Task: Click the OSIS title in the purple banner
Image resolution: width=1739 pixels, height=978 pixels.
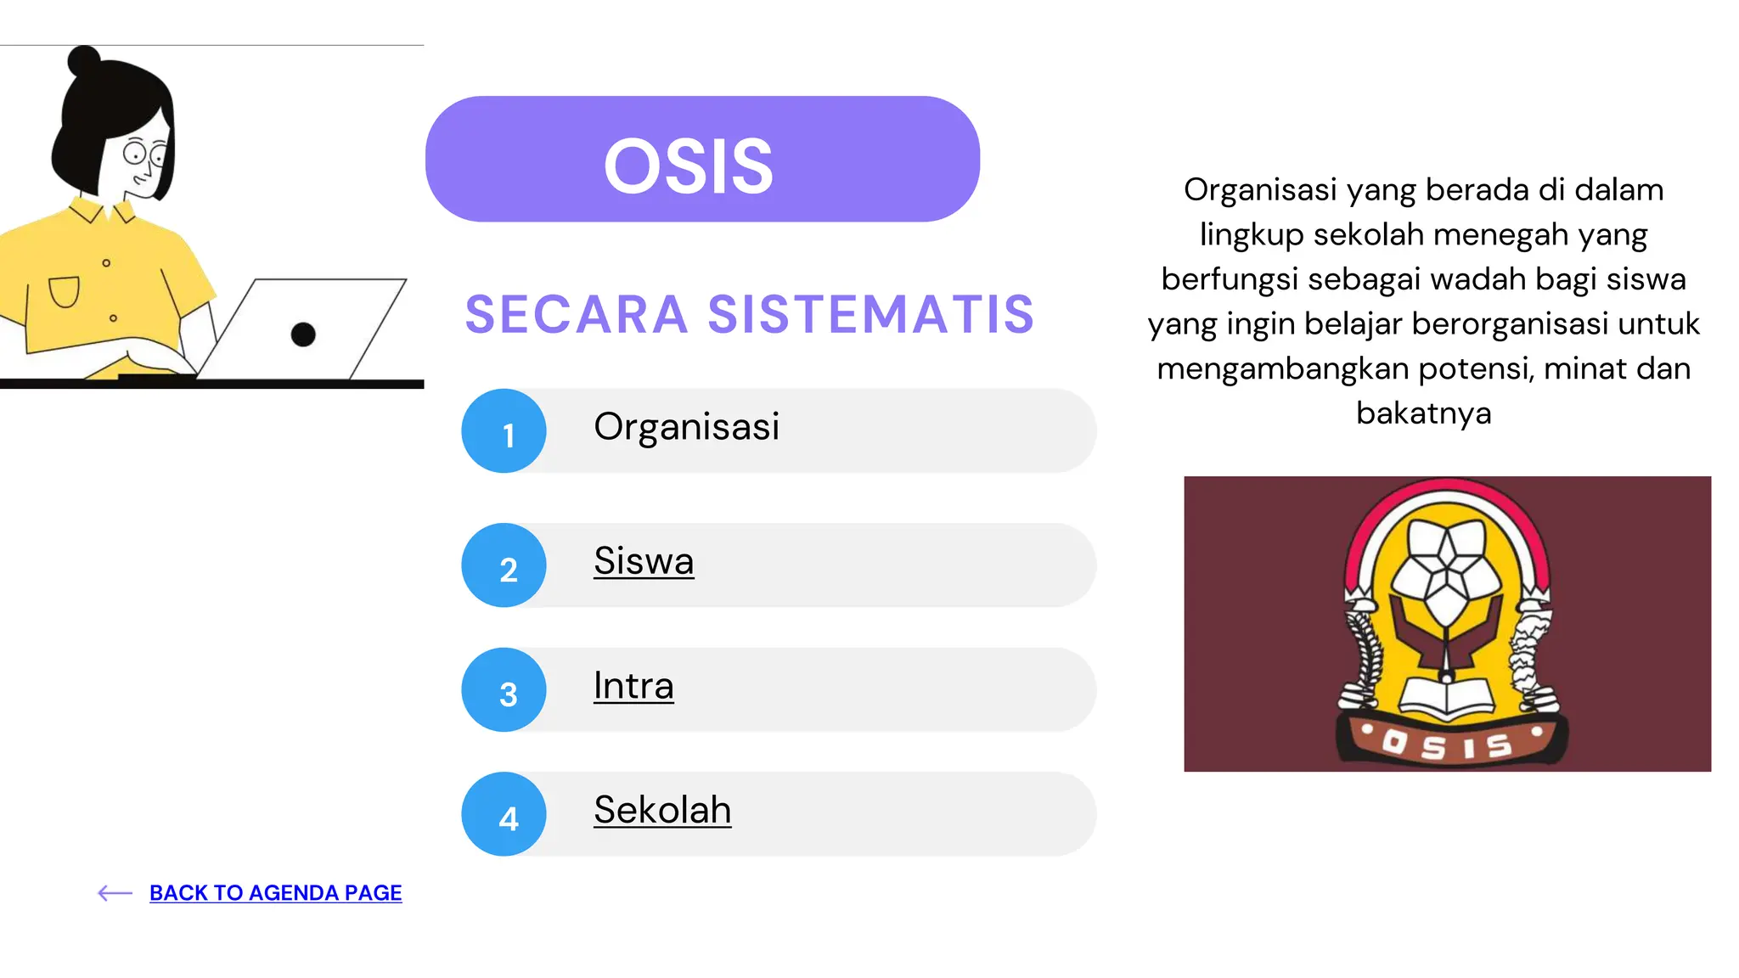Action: pos(689,166)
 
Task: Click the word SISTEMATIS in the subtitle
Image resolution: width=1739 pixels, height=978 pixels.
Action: pos(871,315)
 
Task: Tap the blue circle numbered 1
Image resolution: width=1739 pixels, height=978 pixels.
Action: pos(504,431)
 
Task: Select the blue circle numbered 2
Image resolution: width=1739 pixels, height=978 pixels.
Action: pos(504,565)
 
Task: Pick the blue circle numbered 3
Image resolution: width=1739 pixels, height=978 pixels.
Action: pos(504,690)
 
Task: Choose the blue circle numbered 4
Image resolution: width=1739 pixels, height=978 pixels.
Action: pos(504,815)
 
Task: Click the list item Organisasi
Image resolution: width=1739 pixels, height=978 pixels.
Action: pos(686,427)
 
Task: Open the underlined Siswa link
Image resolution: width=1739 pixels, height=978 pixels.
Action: pos(644,561)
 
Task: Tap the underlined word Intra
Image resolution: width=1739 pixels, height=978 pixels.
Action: pos(633,686)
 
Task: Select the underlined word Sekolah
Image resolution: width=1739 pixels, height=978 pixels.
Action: pos(662,810)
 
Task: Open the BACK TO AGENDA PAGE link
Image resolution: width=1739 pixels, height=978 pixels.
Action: pos(275,893)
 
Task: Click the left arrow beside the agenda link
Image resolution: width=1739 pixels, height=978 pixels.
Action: pos(115,893)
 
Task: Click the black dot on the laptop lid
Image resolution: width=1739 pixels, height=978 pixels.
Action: pos(303,334)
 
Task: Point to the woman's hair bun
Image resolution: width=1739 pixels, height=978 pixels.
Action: pos(84,61)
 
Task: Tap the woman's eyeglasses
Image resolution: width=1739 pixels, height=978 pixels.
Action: pos(144,155)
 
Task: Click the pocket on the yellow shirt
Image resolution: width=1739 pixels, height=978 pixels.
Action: pos(65,291)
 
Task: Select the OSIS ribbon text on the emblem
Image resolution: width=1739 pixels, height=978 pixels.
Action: pos(1449,745)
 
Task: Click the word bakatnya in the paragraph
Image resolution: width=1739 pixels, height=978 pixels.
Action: pos(1423,413)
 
